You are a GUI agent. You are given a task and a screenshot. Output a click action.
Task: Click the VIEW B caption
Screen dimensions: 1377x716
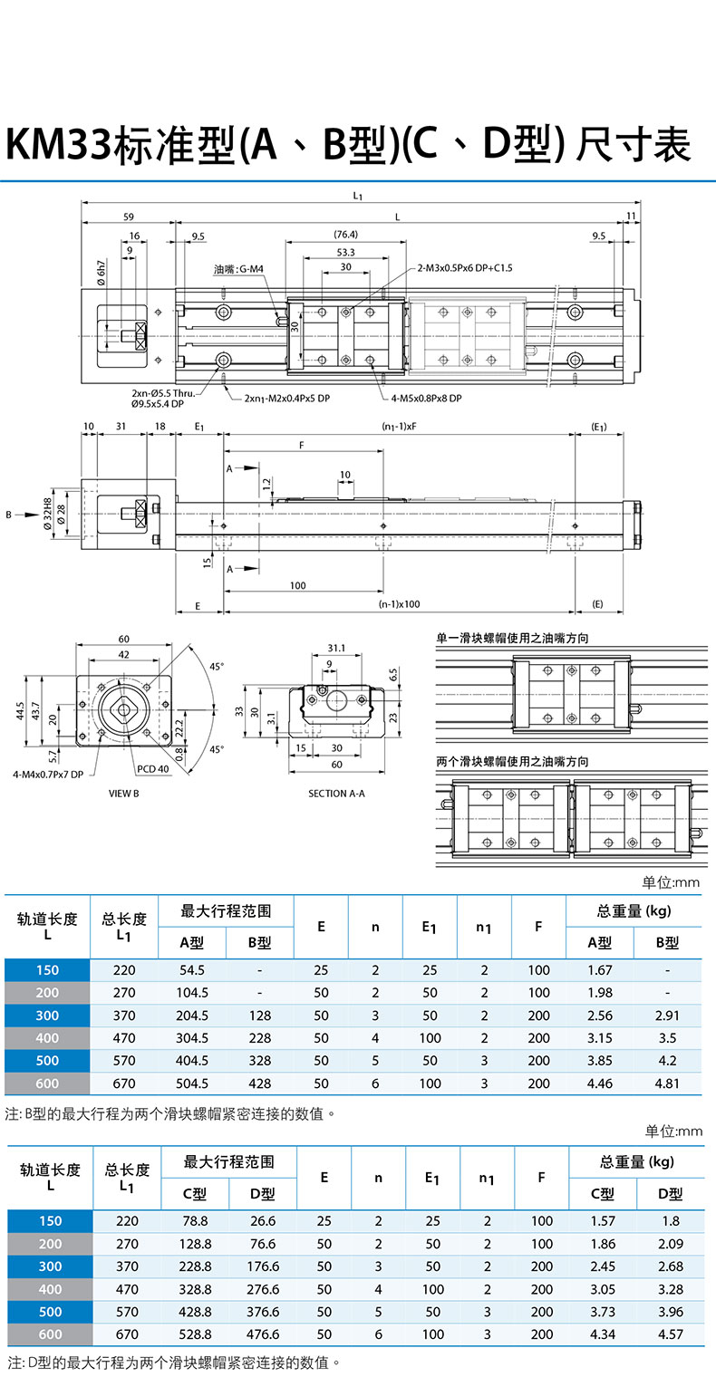(123, 793)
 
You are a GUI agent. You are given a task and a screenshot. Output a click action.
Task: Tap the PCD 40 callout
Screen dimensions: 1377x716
(152, 768)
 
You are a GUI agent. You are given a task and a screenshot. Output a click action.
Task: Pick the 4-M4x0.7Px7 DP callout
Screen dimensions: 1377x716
(48, 775)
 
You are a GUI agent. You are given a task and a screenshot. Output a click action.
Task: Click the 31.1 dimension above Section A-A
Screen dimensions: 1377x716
(335, 648)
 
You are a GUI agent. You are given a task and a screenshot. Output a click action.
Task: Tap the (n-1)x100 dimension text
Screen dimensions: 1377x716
(399, 603)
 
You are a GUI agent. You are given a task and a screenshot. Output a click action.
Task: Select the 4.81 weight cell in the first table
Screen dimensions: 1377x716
(667, 1083)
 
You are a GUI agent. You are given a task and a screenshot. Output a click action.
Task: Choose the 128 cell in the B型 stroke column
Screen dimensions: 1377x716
(260, 1016)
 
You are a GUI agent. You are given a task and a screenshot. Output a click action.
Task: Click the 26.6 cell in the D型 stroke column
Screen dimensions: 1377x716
(263, 1221)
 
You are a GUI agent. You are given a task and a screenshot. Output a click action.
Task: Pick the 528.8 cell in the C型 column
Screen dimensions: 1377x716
(195, 1334)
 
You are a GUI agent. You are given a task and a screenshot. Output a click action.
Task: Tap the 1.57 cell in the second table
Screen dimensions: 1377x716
(602, 1221)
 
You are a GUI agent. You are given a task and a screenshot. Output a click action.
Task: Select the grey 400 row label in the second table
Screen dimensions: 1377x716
(50, 1289)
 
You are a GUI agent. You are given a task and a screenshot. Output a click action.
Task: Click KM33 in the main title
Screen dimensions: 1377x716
(57, 146)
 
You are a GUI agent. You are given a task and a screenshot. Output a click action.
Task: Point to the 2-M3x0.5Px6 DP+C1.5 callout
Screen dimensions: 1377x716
(465, 268)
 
